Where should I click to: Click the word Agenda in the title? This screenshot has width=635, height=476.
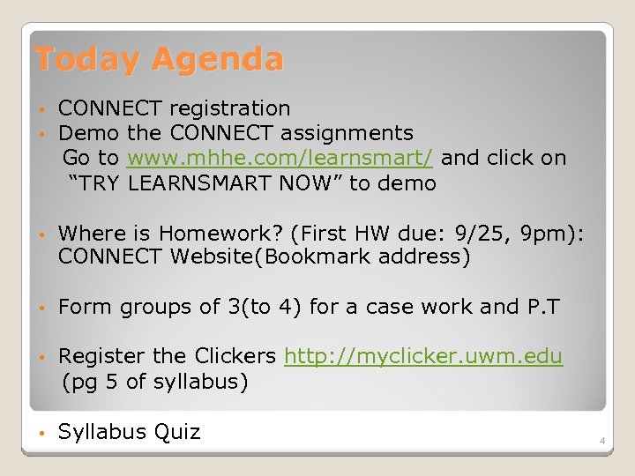pos(217,60)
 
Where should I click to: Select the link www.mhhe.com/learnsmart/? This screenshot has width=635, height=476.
pos(280,159)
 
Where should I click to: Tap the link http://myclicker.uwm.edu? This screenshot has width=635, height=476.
pos(423,357)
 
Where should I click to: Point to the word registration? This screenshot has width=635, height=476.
pos(229,109)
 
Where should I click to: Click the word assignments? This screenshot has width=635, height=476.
pos(347,134)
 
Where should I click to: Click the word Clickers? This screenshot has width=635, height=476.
pos(235,357)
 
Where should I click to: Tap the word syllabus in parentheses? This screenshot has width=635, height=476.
pos(196,382)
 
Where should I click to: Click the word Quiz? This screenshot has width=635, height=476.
pos(176,432)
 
